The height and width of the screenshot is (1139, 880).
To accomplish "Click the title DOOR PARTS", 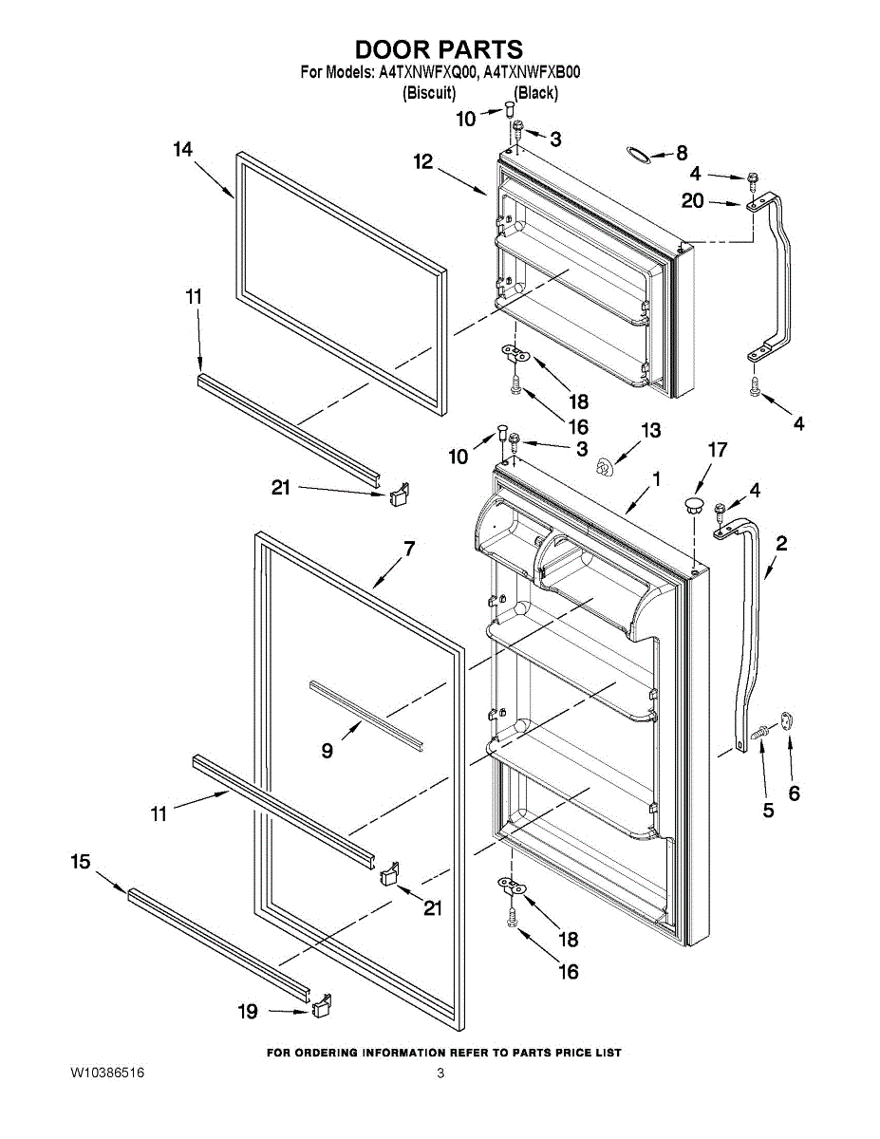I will point(439,49).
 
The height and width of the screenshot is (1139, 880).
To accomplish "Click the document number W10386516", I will point(107,1074).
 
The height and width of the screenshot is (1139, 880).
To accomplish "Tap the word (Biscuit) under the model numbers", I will point(429,93).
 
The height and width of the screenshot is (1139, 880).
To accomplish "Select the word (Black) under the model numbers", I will point(535,93).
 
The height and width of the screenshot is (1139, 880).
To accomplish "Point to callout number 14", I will point(182,149).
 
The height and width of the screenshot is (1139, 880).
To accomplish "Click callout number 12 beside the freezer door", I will point(422,162).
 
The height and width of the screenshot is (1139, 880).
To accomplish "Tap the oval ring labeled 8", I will point(642,154).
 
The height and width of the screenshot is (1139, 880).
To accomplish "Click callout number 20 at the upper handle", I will point(693,200).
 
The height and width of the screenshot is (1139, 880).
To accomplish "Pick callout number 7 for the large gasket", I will point(409,549).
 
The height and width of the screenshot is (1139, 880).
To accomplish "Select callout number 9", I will point(327,750).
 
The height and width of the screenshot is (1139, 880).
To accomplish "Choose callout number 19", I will point(248,1012).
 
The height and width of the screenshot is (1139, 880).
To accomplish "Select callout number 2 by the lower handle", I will point(780,544).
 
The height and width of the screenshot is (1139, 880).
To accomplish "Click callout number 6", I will point(794,794).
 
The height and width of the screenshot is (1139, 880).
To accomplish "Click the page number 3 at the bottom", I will point(440,1074).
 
